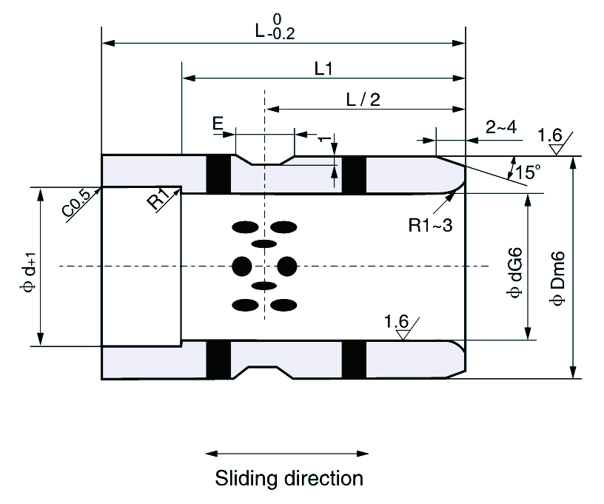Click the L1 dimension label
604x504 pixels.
(x=323, y=69)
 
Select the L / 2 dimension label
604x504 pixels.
(x=363, y=100)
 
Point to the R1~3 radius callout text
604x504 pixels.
(x=430, y=225)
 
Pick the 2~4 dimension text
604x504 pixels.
(x=501, y=127)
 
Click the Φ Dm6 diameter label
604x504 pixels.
(x=557, y=278)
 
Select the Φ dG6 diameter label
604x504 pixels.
(x=514, y=272)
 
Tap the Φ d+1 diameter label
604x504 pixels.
(x=30, y=272)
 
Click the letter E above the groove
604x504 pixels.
(x=218, y=124)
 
